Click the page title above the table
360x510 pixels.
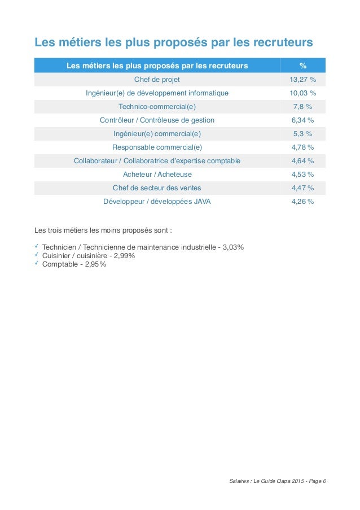pyautogui.click(x=174, y=42)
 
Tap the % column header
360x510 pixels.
pyautogui.click(x=302, y=66)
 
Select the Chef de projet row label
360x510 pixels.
pyautogui.click(x=157, y=79)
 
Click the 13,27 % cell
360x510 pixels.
pyautogui.click(x=302, y=79)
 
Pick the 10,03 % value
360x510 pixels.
pyautogui.click(x=302, y=93)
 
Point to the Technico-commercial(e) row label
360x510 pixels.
pyautogui.click(x=157, y=107)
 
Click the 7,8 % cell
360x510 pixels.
pyautogui.click(x=302, y=107)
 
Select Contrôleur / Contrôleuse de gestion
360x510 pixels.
pyautogui.click(x=157, y=120)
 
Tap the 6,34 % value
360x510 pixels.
pyautogui.click(x=302, y=120)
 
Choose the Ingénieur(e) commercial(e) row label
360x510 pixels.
pyautogui.click(x=157, y=134)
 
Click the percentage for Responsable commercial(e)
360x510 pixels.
pyautogui.click(x=302, y=147)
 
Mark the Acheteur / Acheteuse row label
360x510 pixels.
pyautogui.click(x=157, y=175)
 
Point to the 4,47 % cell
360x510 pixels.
pyautogui.click(x=302, y=188)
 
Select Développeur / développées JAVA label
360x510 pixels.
pyautogui.click(x=157, y=202)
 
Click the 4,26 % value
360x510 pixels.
pyautogui.click(x=302, y=202)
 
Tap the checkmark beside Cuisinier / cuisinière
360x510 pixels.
pyautogui.click(x=37, y=254)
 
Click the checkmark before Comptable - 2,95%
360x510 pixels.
pyautogui.click(x=37, y=263)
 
